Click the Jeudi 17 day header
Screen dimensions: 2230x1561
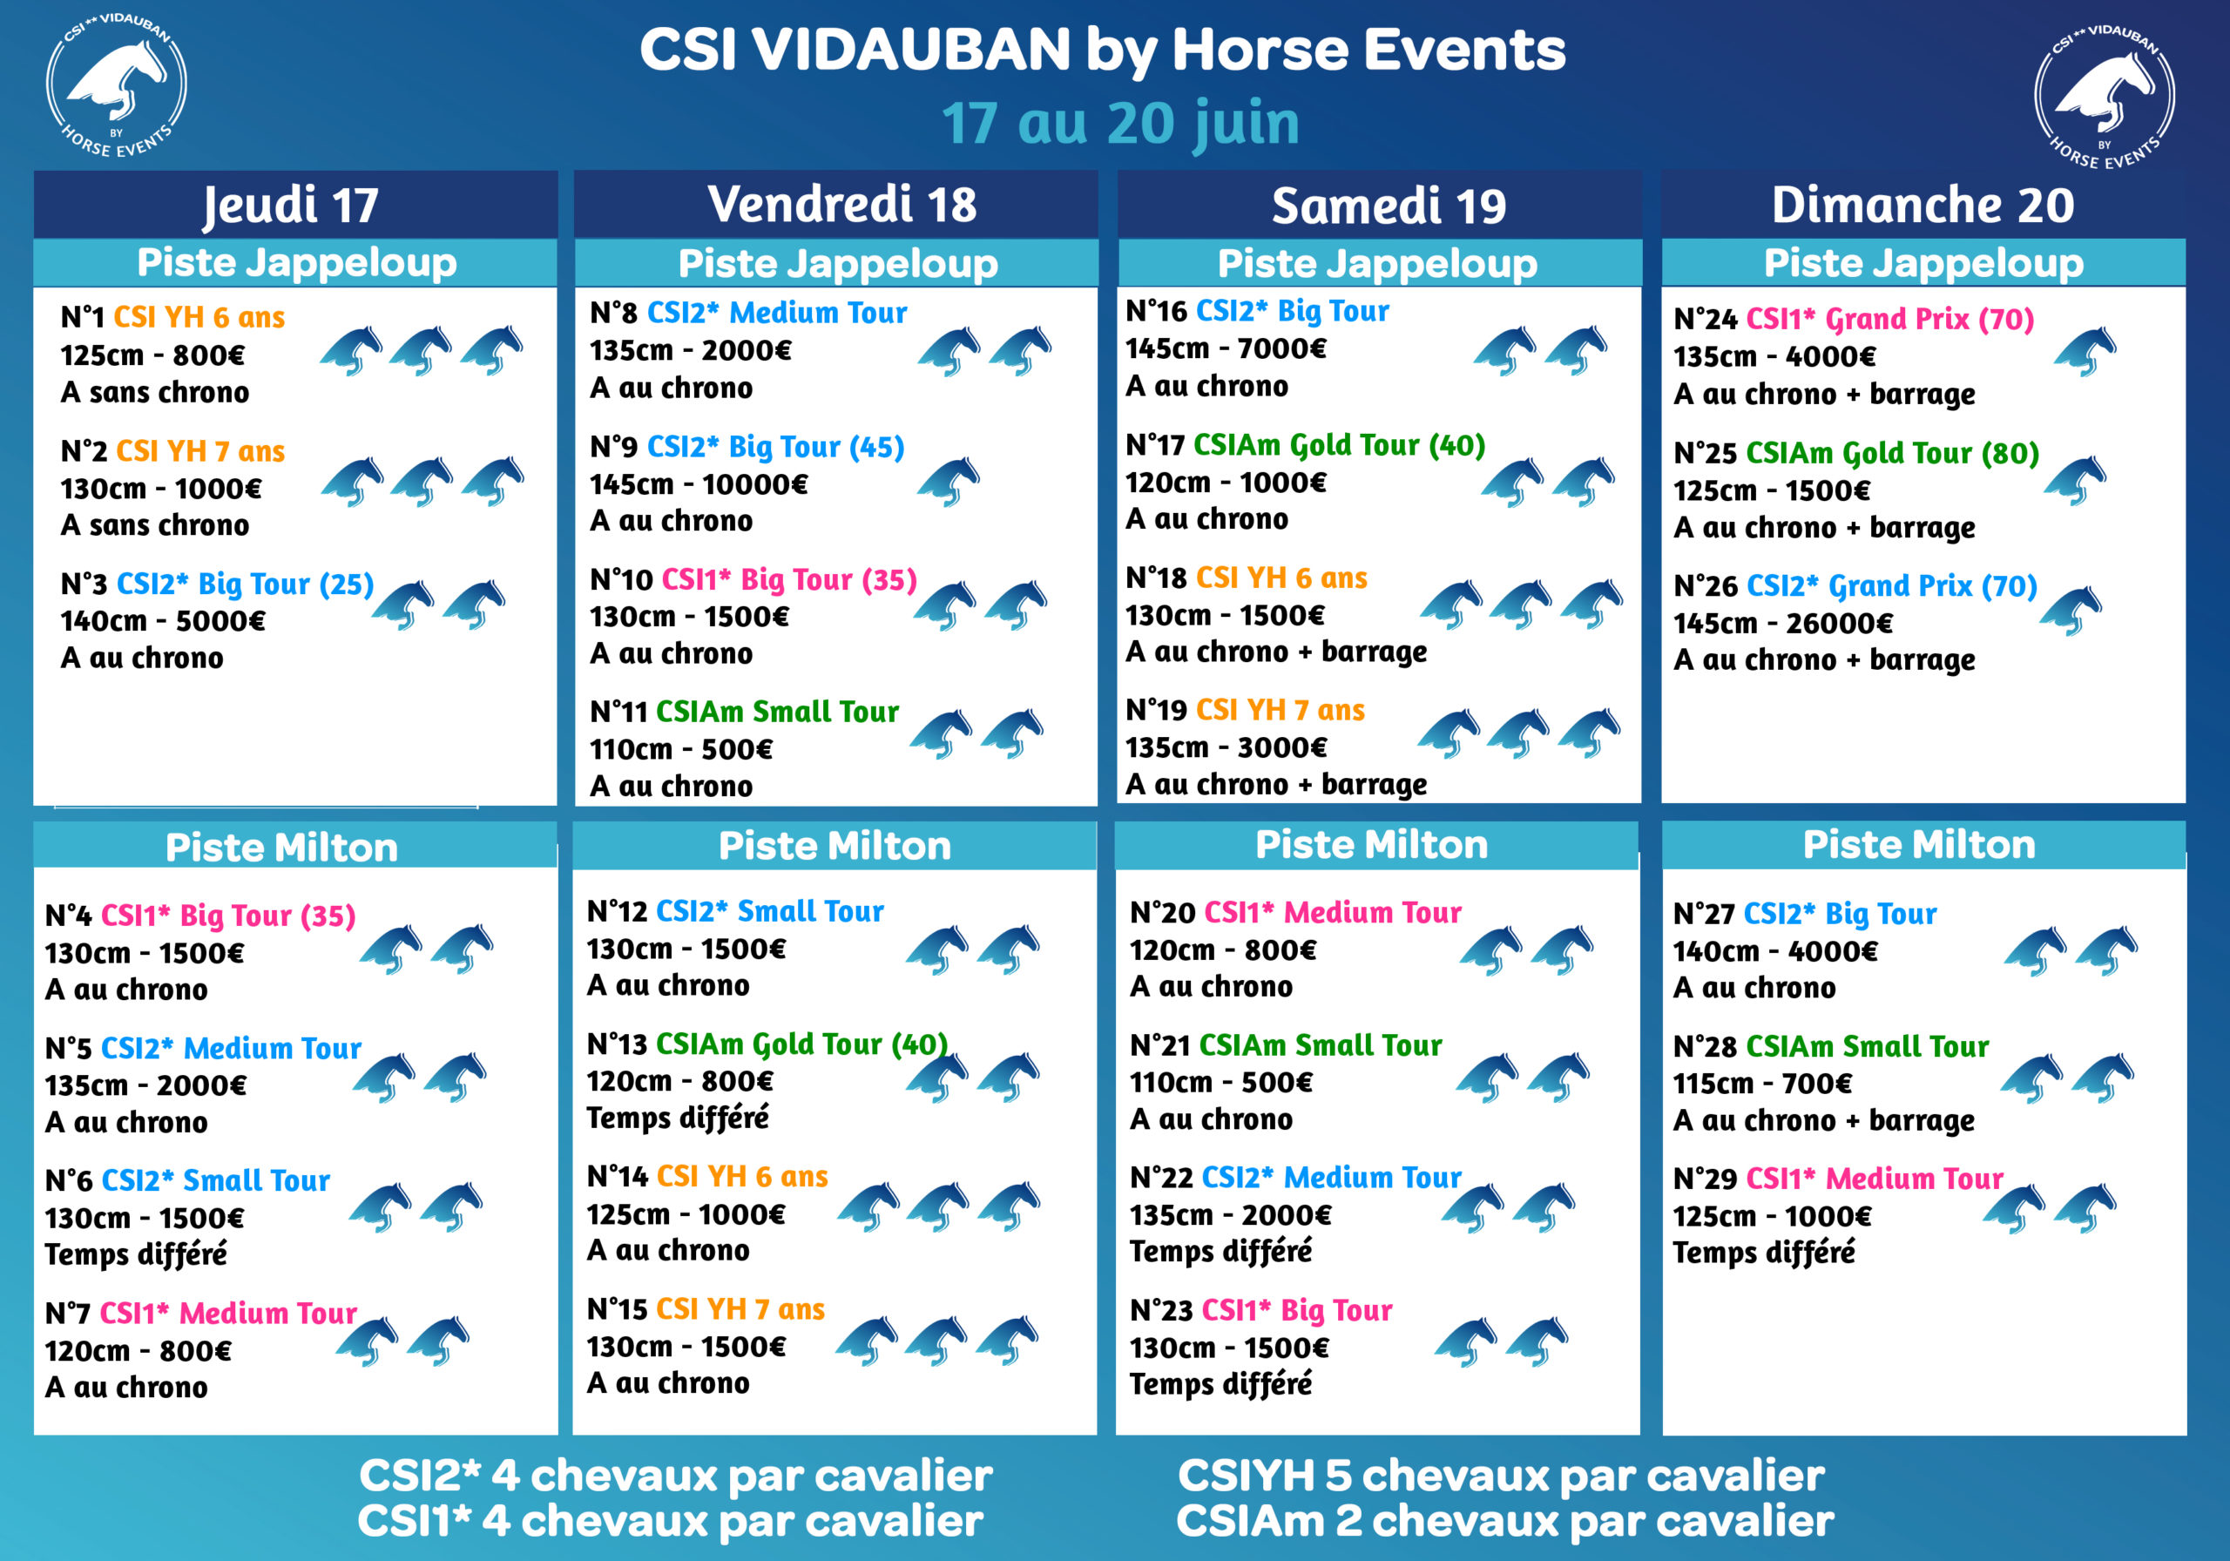pos(290,205)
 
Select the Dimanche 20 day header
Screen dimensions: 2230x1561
pos(1923,205)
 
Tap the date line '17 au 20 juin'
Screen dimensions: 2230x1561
pos(1120,124)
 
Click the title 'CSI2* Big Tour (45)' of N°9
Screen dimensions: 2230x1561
pos(776,447)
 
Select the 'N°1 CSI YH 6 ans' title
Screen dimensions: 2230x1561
pos(172,318)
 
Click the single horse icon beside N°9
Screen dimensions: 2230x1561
pos(949,480)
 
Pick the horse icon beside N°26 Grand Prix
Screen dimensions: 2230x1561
pos(2071,610)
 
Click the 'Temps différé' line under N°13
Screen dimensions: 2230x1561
pos(678,1118)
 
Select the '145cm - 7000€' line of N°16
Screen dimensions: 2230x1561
pos(1226,348)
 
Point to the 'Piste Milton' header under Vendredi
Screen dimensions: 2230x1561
pos(835,846)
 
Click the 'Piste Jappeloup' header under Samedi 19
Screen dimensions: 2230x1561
pos(1377,263)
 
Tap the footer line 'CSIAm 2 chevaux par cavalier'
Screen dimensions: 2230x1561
pos(1504,1521)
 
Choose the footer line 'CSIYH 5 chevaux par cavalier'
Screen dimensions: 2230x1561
pos(1501,1476)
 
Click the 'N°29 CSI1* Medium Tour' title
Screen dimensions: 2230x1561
pos(1839,1179)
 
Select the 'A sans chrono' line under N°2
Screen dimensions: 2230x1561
pos(155,525)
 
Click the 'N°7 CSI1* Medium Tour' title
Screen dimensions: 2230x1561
pos(201,1314)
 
